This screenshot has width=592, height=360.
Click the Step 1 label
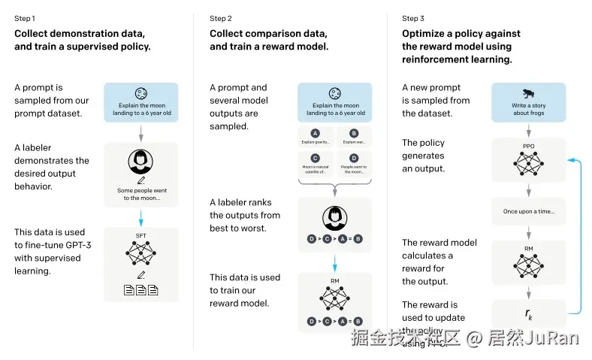pos(25,18)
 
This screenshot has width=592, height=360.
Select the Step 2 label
pos(220,18)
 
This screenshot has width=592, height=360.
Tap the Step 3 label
pos(412,18)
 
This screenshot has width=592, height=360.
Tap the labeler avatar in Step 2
pos(334,218)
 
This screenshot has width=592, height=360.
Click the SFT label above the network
pos(141,236)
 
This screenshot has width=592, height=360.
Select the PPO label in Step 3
pos(529,146)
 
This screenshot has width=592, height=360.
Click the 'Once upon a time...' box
pos(529,211)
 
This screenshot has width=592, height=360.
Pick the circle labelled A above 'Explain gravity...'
pos(314,133)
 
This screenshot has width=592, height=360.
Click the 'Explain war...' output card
pos(354,138)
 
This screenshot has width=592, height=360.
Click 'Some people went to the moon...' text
pos(141,194)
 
